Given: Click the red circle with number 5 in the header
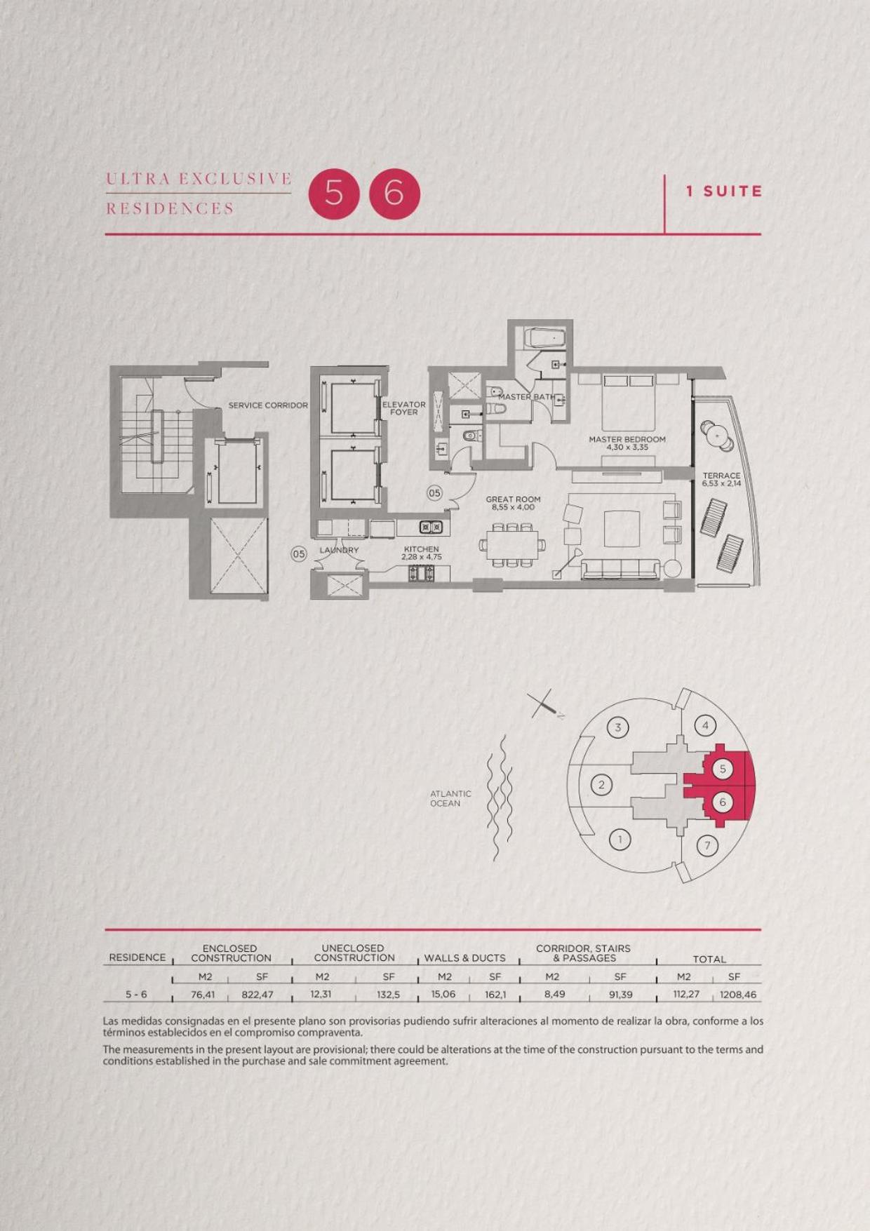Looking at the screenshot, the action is pos(334,194).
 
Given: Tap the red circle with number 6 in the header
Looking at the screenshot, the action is pos(394,194).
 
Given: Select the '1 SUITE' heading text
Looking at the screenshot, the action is pos(724,191).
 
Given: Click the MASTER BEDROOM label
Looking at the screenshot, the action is pos(627,443).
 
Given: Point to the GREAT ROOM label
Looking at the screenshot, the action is pos(513,503).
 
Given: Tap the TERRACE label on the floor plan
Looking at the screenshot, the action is pos(721,479).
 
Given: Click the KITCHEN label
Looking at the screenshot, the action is pos(421,553).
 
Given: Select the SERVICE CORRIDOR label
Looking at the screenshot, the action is pos(268,405).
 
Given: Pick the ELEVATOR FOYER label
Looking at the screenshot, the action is pos(404,408).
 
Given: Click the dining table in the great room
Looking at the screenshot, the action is pos(512,544).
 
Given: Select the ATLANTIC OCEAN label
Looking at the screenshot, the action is pos(450,798).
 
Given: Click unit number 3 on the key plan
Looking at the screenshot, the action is pos(618,727).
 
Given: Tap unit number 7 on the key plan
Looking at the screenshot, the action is pos(707,845).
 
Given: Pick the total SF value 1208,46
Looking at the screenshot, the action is pos(738,995).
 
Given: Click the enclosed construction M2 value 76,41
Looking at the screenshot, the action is pos(203,995).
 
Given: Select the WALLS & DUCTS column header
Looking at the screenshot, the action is pos(464,958).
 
